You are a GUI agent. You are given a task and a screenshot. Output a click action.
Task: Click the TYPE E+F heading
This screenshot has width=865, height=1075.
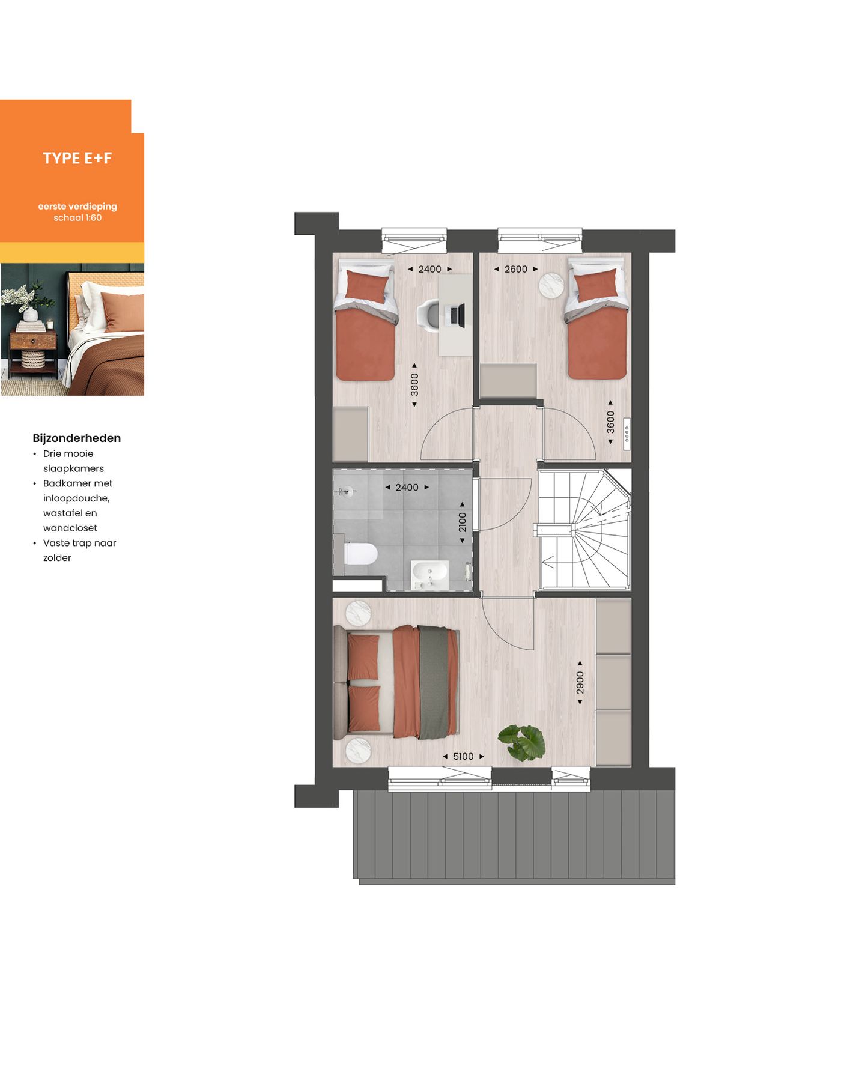coord(77,158)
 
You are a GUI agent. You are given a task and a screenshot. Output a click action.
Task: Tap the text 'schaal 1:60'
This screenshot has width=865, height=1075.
coord(77,217)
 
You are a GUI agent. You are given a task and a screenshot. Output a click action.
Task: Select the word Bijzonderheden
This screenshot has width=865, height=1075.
coord(76,438)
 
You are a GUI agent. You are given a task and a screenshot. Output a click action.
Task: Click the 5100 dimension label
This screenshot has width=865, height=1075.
coord(463,756)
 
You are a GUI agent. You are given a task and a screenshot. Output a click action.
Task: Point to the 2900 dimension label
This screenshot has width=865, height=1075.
coord(580,683)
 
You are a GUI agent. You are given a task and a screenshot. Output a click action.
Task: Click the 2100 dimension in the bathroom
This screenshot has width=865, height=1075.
coord(462,522)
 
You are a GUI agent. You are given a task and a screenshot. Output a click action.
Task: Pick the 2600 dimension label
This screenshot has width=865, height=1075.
coord(515,269)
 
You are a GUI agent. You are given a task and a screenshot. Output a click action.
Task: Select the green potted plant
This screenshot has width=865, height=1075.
coord(522,742)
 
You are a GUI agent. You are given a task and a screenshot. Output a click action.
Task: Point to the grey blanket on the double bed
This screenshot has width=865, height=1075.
coord(433,682)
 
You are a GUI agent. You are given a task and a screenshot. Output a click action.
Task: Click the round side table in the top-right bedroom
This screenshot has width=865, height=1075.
coord(551,285)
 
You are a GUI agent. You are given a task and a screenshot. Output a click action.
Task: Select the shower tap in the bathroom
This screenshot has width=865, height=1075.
coord(344,492)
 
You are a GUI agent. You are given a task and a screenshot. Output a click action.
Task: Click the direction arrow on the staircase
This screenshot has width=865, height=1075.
coord(547,563)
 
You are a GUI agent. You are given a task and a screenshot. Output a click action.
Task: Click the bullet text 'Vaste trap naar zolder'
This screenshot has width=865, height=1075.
coord(79,550)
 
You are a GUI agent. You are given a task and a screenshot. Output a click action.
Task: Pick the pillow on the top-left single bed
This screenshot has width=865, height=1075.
coord(366,286)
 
